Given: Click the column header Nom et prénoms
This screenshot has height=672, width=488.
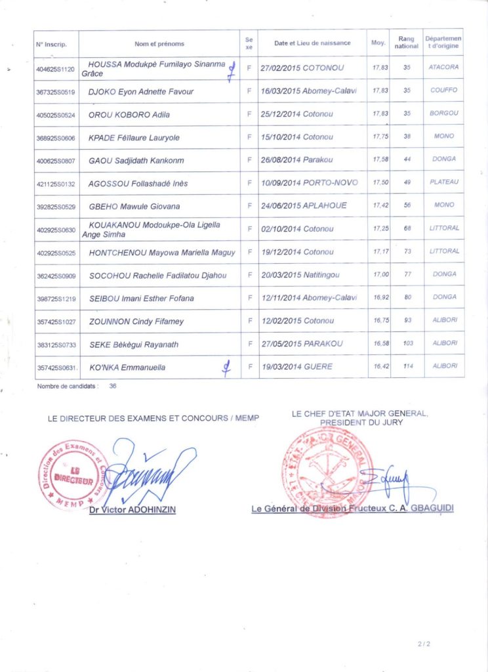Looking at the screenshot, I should (x=159, y=44).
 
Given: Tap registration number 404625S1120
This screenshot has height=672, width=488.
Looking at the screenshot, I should (x=56, y=68).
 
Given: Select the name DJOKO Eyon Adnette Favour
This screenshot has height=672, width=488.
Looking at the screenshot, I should (x=141, y=92).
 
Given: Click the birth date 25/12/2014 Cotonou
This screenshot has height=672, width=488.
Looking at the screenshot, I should (x=297, y=114).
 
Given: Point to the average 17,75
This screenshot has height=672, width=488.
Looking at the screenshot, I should (x=378, y=137).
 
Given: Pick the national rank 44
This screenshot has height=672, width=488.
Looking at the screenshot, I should (x=407, y=159).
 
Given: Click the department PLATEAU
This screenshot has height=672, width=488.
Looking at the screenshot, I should (x=443, y=182).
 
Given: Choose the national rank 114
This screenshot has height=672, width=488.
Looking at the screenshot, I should (x=408, y=366).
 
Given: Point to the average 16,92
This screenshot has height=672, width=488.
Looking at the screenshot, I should (x=378, y=297).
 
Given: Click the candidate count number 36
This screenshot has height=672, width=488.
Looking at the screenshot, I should (x=113, y=387).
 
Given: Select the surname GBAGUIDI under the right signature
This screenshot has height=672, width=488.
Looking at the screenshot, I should (x=430, y=509).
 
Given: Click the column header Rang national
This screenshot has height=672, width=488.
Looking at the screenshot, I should (x=407, y=43).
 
